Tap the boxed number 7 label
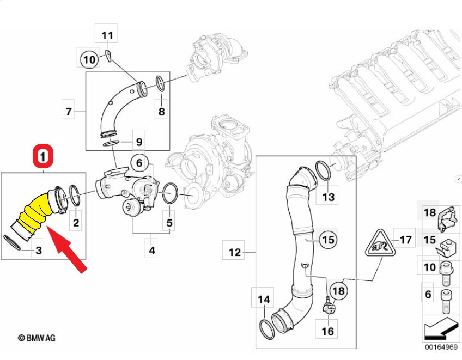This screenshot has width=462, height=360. click(x=69, y=112)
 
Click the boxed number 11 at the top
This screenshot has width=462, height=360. click(x=108, y=36)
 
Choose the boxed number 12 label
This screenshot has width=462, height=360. click(x=234, y=252)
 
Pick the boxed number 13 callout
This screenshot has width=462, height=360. click(x=329, y=197)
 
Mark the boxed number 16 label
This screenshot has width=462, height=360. click(x=328, y=330)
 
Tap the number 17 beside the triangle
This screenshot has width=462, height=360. click(x=406, y=239)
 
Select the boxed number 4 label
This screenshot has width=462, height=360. click(x=152, y=251)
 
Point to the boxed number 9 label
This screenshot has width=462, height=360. click(x=139, y=142)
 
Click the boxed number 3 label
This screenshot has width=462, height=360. click(x=39, y=251)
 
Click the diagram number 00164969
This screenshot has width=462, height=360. click(x=442, y=347)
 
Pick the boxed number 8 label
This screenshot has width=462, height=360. click(x=161, y=112)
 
